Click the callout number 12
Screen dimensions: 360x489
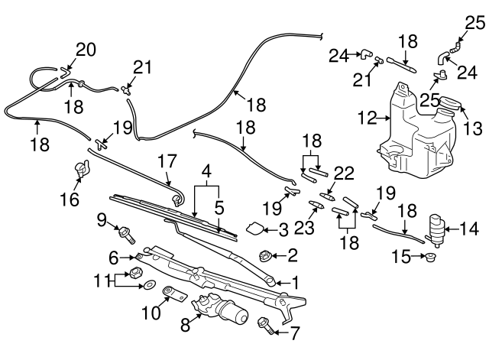pyautogui.click(x=367, y=118)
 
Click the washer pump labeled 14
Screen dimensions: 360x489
pyautogui.click(x=436, y=226)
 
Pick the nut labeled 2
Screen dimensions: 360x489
pyautogui.click(x=267, y=255)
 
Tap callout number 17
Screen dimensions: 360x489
pyautogui.click(x=167, y=162)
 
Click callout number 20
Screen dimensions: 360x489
pyautogui.click(x=84, y=50)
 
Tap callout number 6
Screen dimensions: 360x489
pyautogui.click(x=113, y=256)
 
